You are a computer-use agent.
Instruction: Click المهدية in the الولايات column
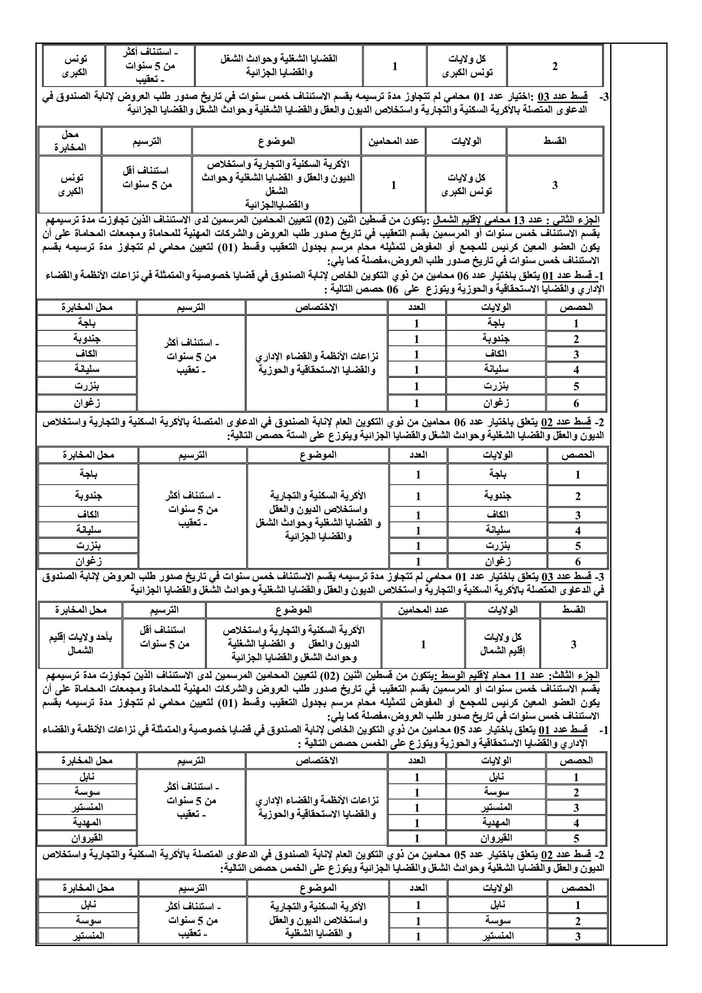(x=496, y=822)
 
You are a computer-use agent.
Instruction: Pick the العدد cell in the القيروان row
(x=417, y=838)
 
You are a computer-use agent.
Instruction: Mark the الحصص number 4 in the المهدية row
(x=576, y=823)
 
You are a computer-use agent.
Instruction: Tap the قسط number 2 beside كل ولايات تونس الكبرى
(x=555, y=66)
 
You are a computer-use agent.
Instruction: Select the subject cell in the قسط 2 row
(x=278, y=66)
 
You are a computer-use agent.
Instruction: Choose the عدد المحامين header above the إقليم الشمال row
(x=423, y=610)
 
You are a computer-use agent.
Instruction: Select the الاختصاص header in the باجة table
(x=317, y=307)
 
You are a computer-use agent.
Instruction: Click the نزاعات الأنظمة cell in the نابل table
(x=317, y=807)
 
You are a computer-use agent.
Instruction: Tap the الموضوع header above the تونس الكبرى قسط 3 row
(x=277, y=141)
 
